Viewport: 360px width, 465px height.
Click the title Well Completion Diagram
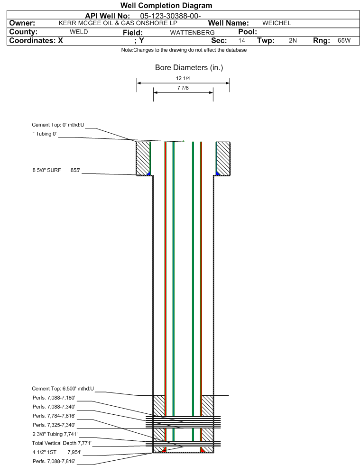166,5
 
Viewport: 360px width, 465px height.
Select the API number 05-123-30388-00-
170,16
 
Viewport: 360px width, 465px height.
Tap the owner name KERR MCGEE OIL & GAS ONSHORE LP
118,23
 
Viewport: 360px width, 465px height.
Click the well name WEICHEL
277,23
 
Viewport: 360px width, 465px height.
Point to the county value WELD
79,32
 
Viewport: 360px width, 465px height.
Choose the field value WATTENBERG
192,32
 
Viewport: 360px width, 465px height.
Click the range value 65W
344,40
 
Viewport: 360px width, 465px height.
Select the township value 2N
293,40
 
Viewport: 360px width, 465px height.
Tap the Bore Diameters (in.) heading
189,68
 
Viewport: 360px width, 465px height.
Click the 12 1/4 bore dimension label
183,78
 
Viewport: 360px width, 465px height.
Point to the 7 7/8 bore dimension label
183,88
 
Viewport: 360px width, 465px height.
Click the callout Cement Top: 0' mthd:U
58,125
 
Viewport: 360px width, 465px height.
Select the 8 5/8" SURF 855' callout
56,170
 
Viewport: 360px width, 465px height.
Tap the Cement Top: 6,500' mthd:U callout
63,389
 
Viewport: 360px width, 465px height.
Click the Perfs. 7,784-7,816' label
54,416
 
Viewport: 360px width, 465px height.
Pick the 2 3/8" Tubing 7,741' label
55,434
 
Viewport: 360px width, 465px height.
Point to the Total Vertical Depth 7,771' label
62,443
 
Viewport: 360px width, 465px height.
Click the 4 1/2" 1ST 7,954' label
57,452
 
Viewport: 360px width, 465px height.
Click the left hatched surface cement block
143,158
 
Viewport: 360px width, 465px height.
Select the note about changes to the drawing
184,50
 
